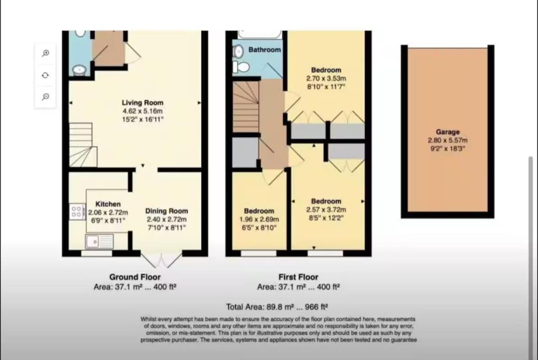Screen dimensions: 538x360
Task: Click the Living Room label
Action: coord(142,102)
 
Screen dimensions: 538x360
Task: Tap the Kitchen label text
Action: coord(108,204)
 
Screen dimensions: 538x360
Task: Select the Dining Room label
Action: coord(166,211)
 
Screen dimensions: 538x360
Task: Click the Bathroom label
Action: coord(265,50)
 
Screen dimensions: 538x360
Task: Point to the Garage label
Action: coord(447,132)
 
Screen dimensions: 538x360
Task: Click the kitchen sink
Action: coord(100,241)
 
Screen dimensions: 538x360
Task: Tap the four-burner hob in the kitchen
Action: coord(77,211)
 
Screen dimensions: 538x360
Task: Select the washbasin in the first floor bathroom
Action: coord(237,52)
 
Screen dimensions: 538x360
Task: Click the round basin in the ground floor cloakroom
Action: coord(80,70)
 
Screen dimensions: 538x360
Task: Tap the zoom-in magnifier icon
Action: coord(45,53)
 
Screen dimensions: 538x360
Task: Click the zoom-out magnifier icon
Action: coord(45,96)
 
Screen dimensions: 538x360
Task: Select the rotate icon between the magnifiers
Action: coord(45,75)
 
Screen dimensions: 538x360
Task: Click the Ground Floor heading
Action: coord(135,277)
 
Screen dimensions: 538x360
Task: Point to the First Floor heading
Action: coord(298,277)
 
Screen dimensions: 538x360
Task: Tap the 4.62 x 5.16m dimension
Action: coord(142,111)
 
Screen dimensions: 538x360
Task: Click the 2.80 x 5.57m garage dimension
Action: coord(447,140)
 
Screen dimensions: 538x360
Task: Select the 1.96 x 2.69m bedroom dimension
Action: coord(259,219)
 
